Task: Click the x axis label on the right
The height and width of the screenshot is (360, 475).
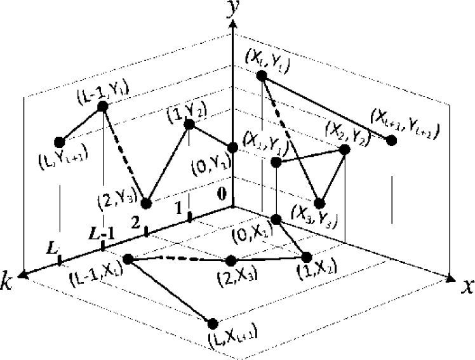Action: point(467,287)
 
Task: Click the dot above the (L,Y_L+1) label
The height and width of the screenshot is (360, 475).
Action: point(60,142)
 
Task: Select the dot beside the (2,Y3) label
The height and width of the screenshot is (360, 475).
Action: point(147,203)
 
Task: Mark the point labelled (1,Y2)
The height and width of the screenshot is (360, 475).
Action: point(189,124)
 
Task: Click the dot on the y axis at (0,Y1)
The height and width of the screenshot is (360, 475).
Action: point(233,148)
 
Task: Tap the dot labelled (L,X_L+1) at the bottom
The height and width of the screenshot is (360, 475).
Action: point(213,324)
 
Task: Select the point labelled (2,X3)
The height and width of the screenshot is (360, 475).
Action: point(231,260)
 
